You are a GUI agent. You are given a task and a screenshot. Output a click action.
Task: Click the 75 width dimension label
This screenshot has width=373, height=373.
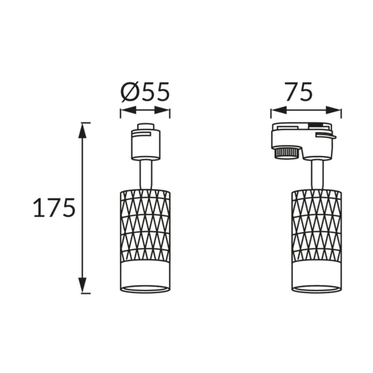click(298, 92)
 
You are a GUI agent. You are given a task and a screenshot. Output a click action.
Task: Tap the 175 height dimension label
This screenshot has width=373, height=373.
click(54, 208)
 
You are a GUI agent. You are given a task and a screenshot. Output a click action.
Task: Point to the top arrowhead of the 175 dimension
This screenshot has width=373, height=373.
click(83, 131)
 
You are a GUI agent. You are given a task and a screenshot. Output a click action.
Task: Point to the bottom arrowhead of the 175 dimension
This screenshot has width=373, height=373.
click(83, 285)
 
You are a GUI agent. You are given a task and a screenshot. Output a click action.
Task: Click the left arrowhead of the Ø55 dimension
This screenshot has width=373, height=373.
click(128, 110)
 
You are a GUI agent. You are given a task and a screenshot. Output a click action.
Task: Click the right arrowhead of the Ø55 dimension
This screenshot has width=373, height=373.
click(162, 110)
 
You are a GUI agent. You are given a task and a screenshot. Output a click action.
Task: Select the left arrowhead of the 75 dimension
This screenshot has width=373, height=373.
click(278, 110)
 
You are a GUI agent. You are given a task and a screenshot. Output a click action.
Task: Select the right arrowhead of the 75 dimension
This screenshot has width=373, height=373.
click(334, 110)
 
